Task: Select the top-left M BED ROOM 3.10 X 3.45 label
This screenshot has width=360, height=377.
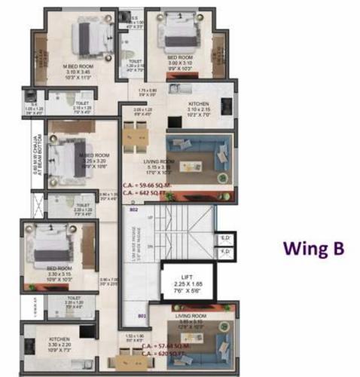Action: point(78,71)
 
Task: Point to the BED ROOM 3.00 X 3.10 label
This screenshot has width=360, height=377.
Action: point(180,63)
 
